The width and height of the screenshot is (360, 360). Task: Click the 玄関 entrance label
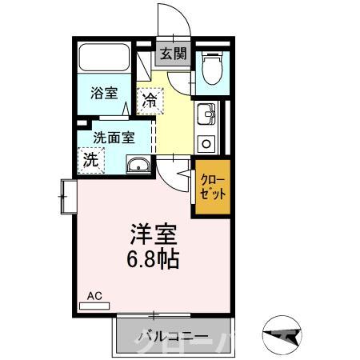pyautogui.click(x=172, y=54)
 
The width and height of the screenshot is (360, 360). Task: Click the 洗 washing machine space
pyautogui.click(x=91, y=158)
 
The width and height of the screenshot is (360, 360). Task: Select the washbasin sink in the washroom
pyautogui.click(x=138, y=166)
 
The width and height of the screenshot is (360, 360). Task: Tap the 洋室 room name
pyautogui.click(x=151, y=236)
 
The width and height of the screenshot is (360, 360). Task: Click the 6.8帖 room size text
pyautogui.click(x=153, y=259)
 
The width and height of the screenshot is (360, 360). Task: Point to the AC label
pyautogui.click(x=94, y=297)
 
